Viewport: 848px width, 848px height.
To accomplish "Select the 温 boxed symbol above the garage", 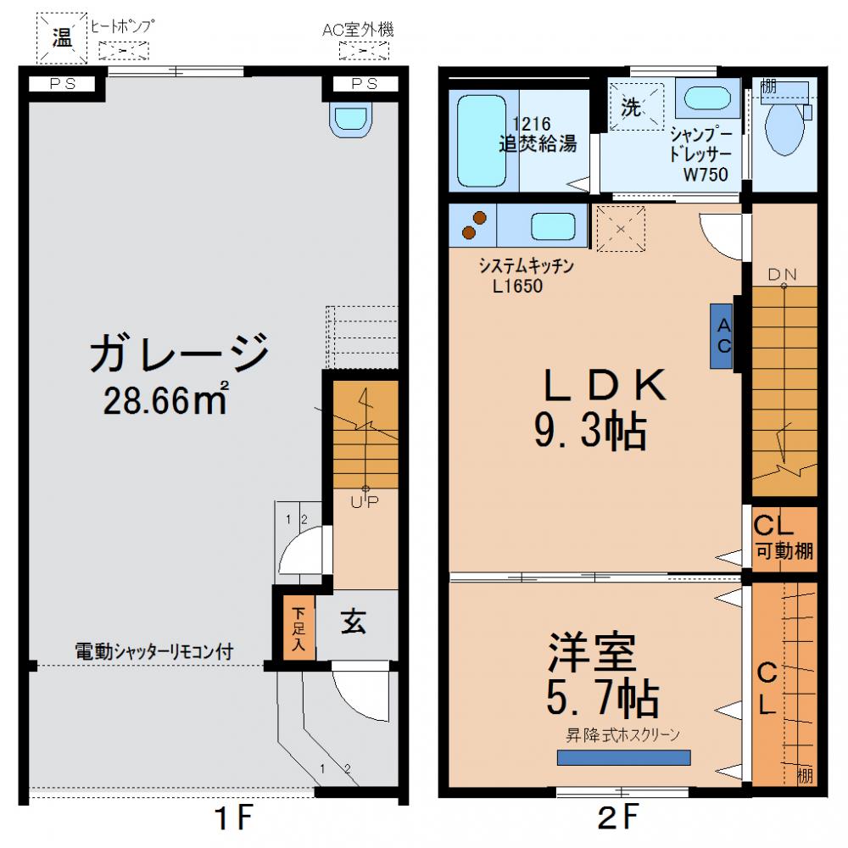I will coord(62,37).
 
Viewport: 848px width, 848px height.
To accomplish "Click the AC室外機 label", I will coord(358,31).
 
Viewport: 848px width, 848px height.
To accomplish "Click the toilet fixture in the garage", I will coord(351,120).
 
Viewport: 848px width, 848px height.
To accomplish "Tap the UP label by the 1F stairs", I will coord(365,501).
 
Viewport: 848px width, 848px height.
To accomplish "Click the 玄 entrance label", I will coord(354,623).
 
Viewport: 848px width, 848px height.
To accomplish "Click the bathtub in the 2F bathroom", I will coord(481,141).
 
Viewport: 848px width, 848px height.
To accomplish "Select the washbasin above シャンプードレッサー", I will coord(711,98).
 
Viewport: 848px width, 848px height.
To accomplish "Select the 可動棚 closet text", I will coord(784,551).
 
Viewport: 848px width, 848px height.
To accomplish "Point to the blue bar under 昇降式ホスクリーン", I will coord(623,757).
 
